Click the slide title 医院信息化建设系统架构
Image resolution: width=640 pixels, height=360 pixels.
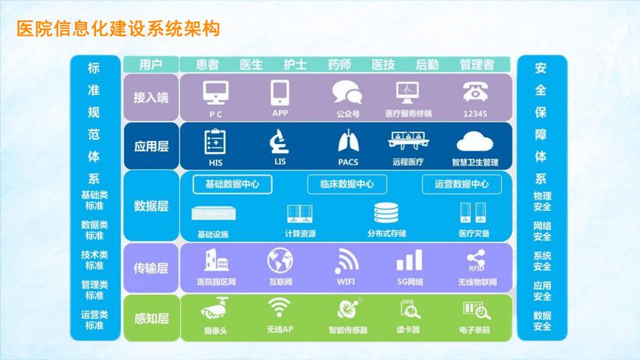tap(118, 30)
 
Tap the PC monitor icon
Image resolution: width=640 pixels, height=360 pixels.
tap(216, 92)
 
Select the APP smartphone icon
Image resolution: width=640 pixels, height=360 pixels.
tap(280, 92)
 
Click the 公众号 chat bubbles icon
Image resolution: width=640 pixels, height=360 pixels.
tap(346, 93)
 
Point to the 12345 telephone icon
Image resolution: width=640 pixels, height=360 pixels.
tap(475, 92)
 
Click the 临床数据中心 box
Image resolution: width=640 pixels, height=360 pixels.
tap(347, 184)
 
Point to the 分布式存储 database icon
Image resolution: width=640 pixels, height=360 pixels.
tap(387, 213)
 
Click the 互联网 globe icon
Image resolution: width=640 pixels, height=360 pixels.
tap(280, 261)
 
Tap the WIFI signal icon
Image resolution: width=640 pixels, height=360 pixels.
tap(346, 261)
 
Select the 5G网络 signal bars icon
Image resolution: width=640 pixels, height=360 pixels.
tap(410, 261)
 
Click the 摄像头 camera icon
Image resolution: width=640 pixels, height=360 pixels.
tap(215, 310)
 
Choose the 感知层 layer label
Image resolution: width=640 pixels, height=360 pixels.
tap(151, 318)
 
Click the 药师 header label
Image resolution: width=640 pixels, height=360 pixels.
tap(338, 64)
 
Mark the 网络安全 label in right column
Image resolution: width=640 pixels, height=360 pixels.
tap(542, 231)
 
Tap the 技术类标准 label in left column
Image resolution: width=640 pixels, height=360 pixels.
tap(94, 260)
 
